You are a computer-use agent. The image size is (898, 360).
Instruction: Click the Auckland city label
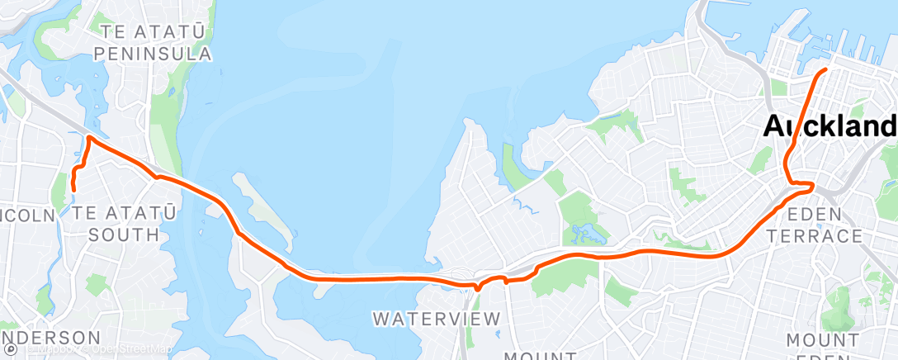(x=829, y=126)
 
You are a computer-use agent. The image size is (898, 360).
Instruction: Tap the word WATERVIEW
(x=437, y=318)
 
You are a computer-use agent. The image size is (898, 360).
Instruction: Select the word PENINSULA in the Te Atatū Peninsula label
(x=153, y=54)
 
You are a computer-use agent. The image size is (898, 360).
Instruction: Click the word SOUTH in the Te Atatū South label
(x=124, y=234)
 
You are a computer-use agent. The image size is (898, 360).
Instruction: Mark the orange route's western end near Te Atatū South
(x=74, y=190)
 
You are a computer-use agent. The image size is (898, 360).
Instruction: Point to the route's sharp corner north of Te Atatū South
(x=87, y=137)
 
